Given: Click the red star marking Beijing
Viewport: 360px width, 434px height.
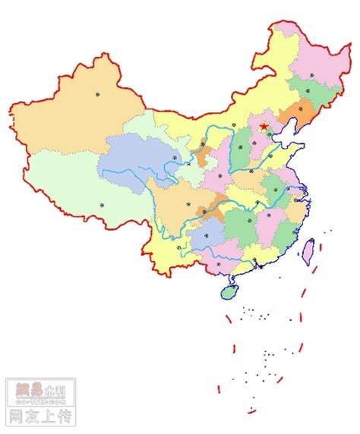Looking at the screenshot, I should [x=264, y=127].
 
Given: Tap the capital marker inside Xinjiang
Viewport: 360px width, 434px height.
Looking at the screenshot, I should [x=97, y=93].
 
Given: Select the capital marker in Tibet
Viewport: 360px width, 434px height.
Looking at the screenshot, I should [x=101, y=204].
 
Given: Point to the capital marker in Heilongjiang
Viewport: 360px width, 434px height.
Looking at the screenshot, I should [x=311, y=76].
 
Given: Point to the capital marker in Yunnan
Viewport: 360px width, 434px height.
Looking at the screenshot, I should [x=178, y=247].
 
